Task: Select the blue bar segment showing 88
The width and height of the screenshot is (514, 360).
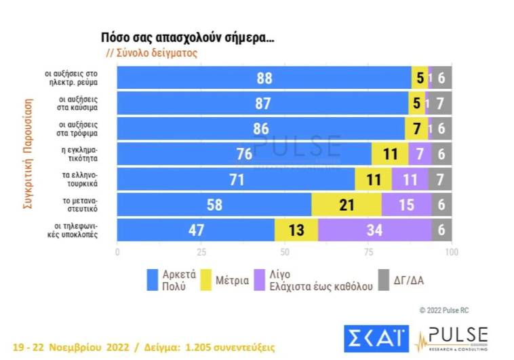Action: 264,79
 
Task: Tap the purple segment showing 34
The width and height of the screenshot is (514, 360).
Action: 374,230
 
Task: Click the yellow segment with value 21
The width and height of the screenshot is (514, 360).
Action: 346,205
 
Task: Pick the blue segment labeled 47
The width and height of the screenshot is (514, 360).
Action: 196,230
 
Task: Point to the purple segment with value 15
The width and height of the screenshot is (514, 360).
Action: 406,205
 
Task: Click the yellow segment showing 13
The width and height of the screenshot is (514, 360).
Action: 296,230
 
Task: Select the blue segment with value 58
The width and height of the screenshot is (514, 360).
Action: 214,205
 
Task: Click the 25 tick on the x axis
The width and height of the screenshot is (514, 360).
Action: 201,252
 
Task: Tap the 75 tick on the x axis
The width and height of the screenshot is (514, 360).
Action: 368,252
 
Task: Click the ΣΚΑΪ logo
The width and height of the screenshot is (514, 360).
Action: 374,338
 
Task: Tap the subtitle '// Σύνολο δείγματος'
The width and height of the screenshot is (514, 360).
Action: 151,53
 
